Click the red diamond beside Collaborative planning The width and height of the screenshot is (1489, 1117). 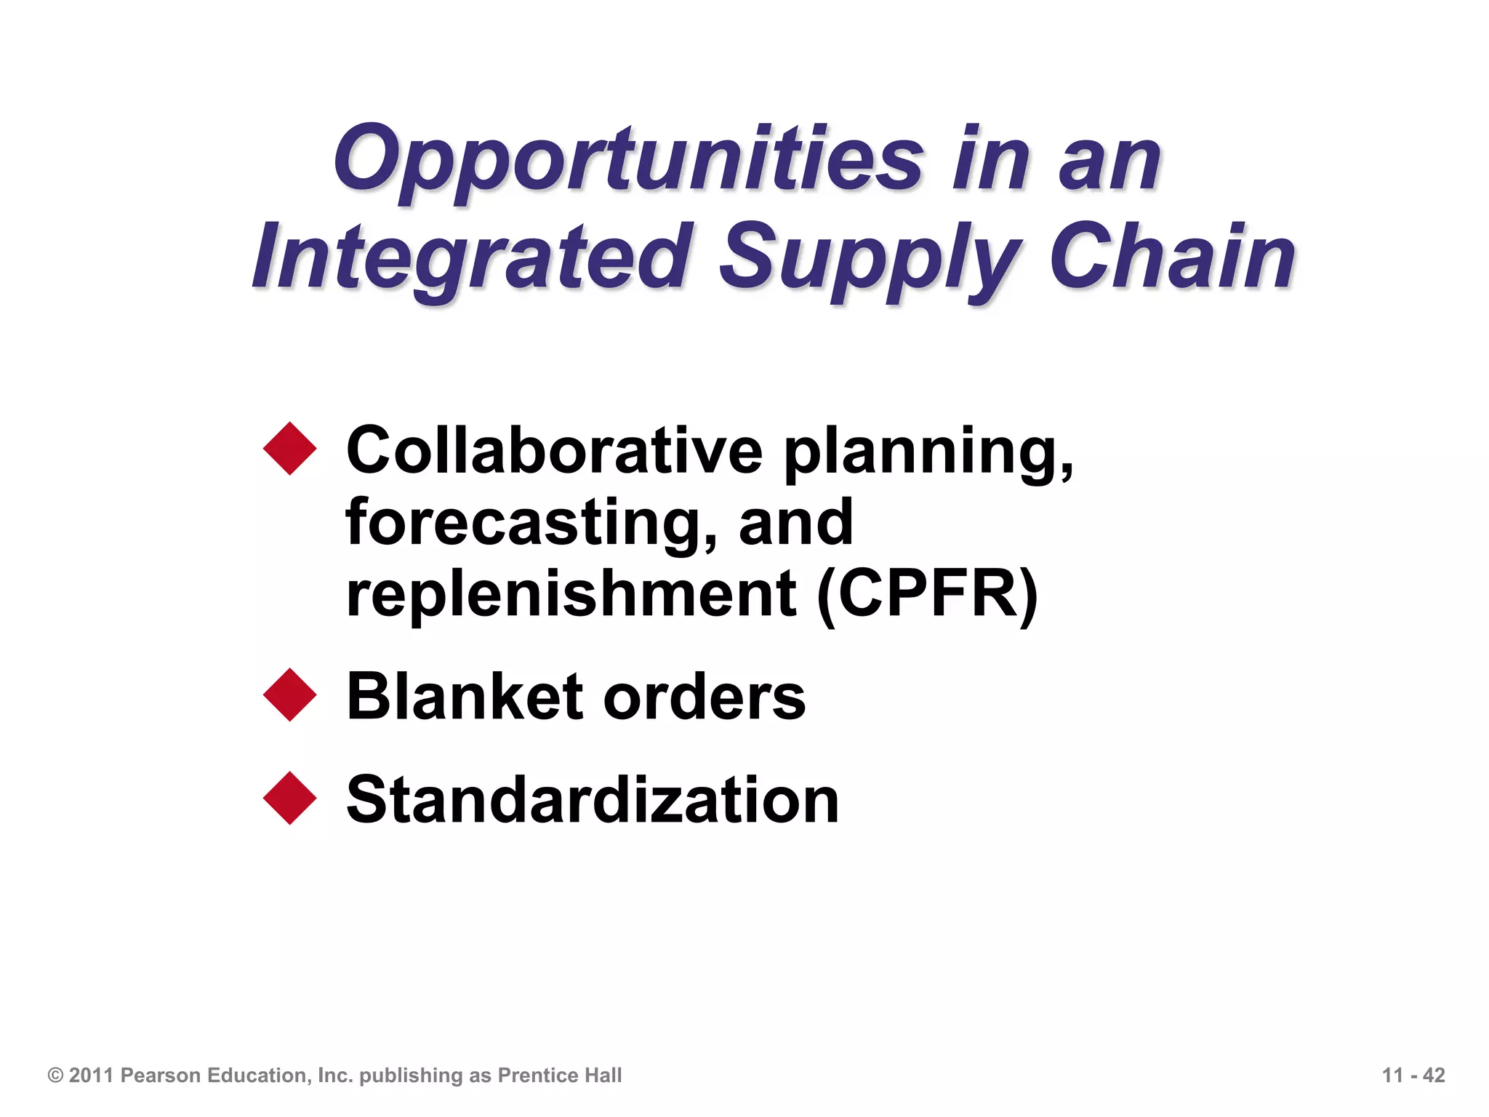[x=290, y=449]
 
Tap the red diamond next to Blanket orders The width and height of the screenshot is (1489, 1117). [x=290, y=695]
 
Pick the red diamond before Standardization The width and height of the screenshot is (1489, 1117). [x=290, y=798]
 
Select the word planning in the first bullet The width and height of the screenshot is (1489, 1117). [x=927, y=453]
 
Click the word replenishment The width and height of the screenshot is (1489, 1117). [x=571, y=594]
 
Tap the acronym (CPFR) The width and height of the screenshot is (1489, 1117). [x=928, y=595]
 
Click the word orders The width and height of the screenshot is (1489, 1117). [x=705, y=697]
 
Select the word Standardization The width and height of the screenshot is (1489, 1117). [x=593, y=799]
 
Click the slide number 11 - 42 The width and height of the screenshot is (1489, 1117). [x=1413, y=1075]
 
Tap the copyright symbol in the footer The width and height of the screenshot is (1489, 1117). [x=55, y=1075]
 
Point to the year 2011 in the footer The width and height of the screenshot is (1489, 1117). [x=92, y=1075]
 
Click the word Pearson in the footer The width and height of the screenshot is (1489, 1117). [x=161, y=1075]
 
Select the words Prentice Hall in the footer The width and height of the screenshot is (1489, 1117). [x=560, y=1075]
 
